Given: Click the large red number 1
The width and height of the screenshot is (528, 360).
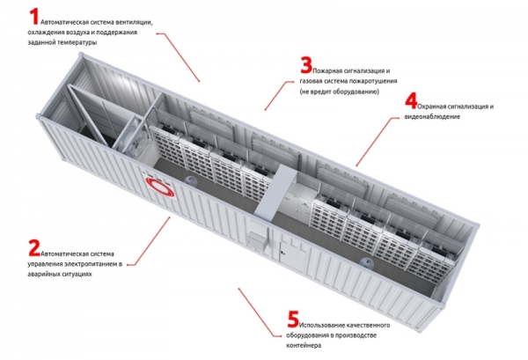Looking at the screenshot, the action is [x=34, y=17].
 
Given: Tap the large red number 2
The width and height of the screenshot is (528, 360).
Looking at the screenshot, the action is [x=34, y=248].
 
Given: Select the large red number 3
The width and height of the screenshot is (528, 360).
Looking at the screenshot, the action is [x=306, y=65].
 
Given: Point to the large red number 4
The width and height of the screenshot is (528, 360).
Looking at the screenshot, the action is [x=411, y=100].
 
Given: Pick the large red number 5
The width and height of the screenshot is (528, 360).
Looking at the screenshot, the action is [x=293, y=319].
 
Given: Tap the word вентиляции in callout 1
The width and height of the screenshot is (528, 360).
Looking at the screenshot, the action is [x=134, y=23].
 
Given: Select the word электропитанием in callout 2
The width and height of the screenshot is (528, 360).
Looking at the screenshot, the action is [x=91, y=264].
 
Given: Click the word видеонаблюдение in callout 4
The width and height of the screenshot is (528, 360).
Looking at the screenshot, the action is [x=432, y=116].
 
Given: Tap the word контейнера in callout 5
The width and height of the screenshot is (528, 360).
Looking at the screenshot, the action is [x=304, y=346].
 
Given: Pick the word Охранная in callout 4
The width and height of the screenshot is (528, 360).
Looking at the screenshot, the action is [x=432, y=107].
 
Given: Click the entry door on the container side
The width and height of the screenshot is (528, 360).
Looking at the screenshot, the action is [x=292, y=250].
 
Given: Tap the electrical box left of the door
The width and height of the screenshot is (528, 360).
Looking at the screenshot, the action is [x=259, y=236].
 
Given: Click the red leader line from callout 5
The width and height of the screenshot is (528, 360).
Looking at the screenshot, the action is [x=260, y=312].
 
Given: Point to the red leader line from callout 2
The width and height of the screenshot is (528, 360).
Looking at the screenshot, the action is [x=149, y=241].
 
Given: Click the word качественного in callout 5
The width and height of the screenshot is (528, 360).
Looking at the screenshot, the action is [x=368, y=325].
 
